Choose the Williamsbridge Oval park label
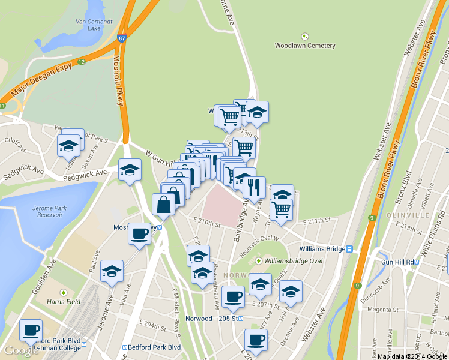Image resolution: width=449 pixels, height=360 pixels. click(289, 261)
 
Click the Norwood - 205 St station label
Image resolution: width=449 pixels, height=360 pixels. click(213, 318)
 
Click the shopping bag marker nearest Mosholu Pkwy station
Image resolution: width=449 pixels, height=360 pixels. click(164, 205)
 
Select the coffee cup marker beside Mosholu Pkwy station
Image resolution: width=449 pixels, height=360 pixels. click(140, 233)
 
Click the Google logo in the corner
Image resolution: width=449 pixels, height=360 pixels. click(20, 350)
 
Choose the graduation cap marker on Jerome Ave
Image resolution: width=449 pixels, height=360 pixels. click(112, 271)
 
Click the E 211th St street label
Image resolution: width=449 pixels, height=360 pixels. click(318, 221)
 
